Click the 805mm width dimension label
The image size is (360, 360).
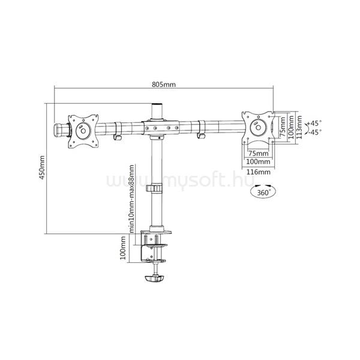point(164,85)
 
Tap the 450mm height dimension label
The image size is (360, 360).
point(42,167)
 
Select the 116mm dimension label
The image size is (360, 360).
point(258,172)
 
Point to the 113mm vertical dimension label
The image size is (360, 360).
point(299,127)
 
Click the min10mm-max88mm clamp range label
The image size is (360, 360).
point(131,199)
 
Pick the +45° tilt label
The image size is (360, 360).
point(313,123)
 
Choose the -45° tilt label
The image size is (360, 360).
point(314,132)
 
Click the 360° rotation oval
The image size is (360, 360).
point(263,192)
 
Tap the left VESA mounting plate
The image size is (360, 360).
point(83,131)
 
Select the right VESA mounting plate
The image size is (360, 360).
point(258,127)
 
